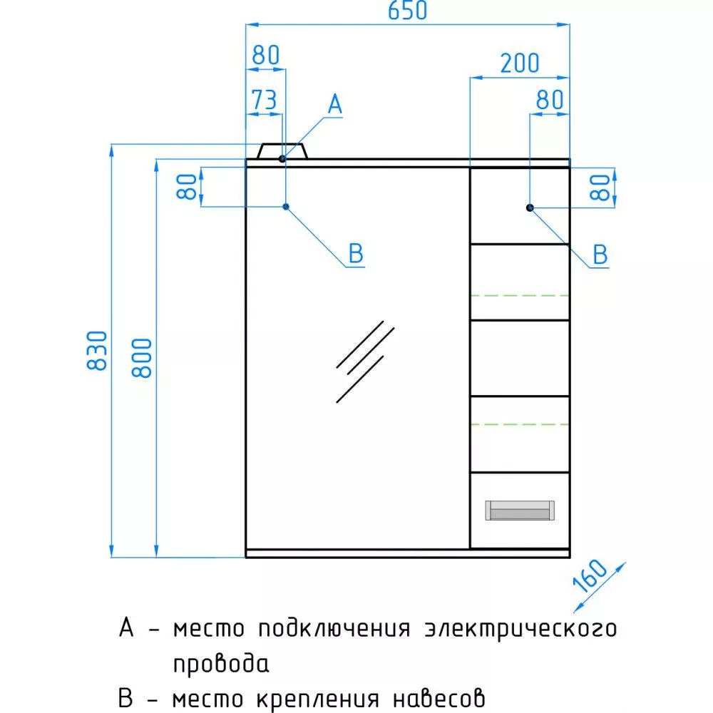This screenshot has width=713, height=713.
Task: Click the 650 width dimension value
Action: point(407,10)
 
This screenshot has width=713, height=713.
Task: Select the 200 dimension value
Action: point(520,63)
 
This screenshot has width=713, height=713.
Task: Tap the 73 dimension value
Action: point(265,100)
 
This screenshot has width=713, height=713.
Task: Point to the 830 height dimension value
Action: point(97,350)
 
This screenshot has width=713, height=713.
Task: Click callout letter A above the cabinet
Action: point(335,104)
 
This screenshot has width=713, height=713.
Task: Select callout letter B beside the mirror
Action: point(356,253)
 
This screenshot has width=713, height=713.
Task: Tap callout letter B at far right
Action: point(600,255)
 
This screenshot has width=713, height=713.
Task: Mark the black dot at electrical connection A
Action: point(282,159)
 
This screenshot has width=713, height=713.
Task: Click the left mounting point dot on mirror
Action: point(286,207)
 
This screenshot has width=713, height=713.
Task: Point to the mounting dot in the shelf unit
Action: point(530,207)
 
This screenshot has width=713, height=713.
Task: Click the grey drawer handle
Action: point(520,511)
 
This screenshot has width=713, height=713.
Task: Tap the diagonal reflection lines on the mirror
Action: point(365,361)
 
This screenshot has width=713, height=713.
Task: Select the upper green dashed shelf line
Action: point(520,296)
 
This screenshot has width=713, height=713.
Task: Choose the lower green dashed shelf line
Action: point(520,424)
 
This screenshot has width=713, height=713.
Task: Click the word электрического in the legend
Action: point(520,630)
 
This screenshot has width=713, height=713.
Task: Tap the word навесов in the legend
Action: point(438,699)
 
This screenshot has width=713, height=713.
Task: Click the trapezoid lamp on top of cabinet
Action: point(282,151)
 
